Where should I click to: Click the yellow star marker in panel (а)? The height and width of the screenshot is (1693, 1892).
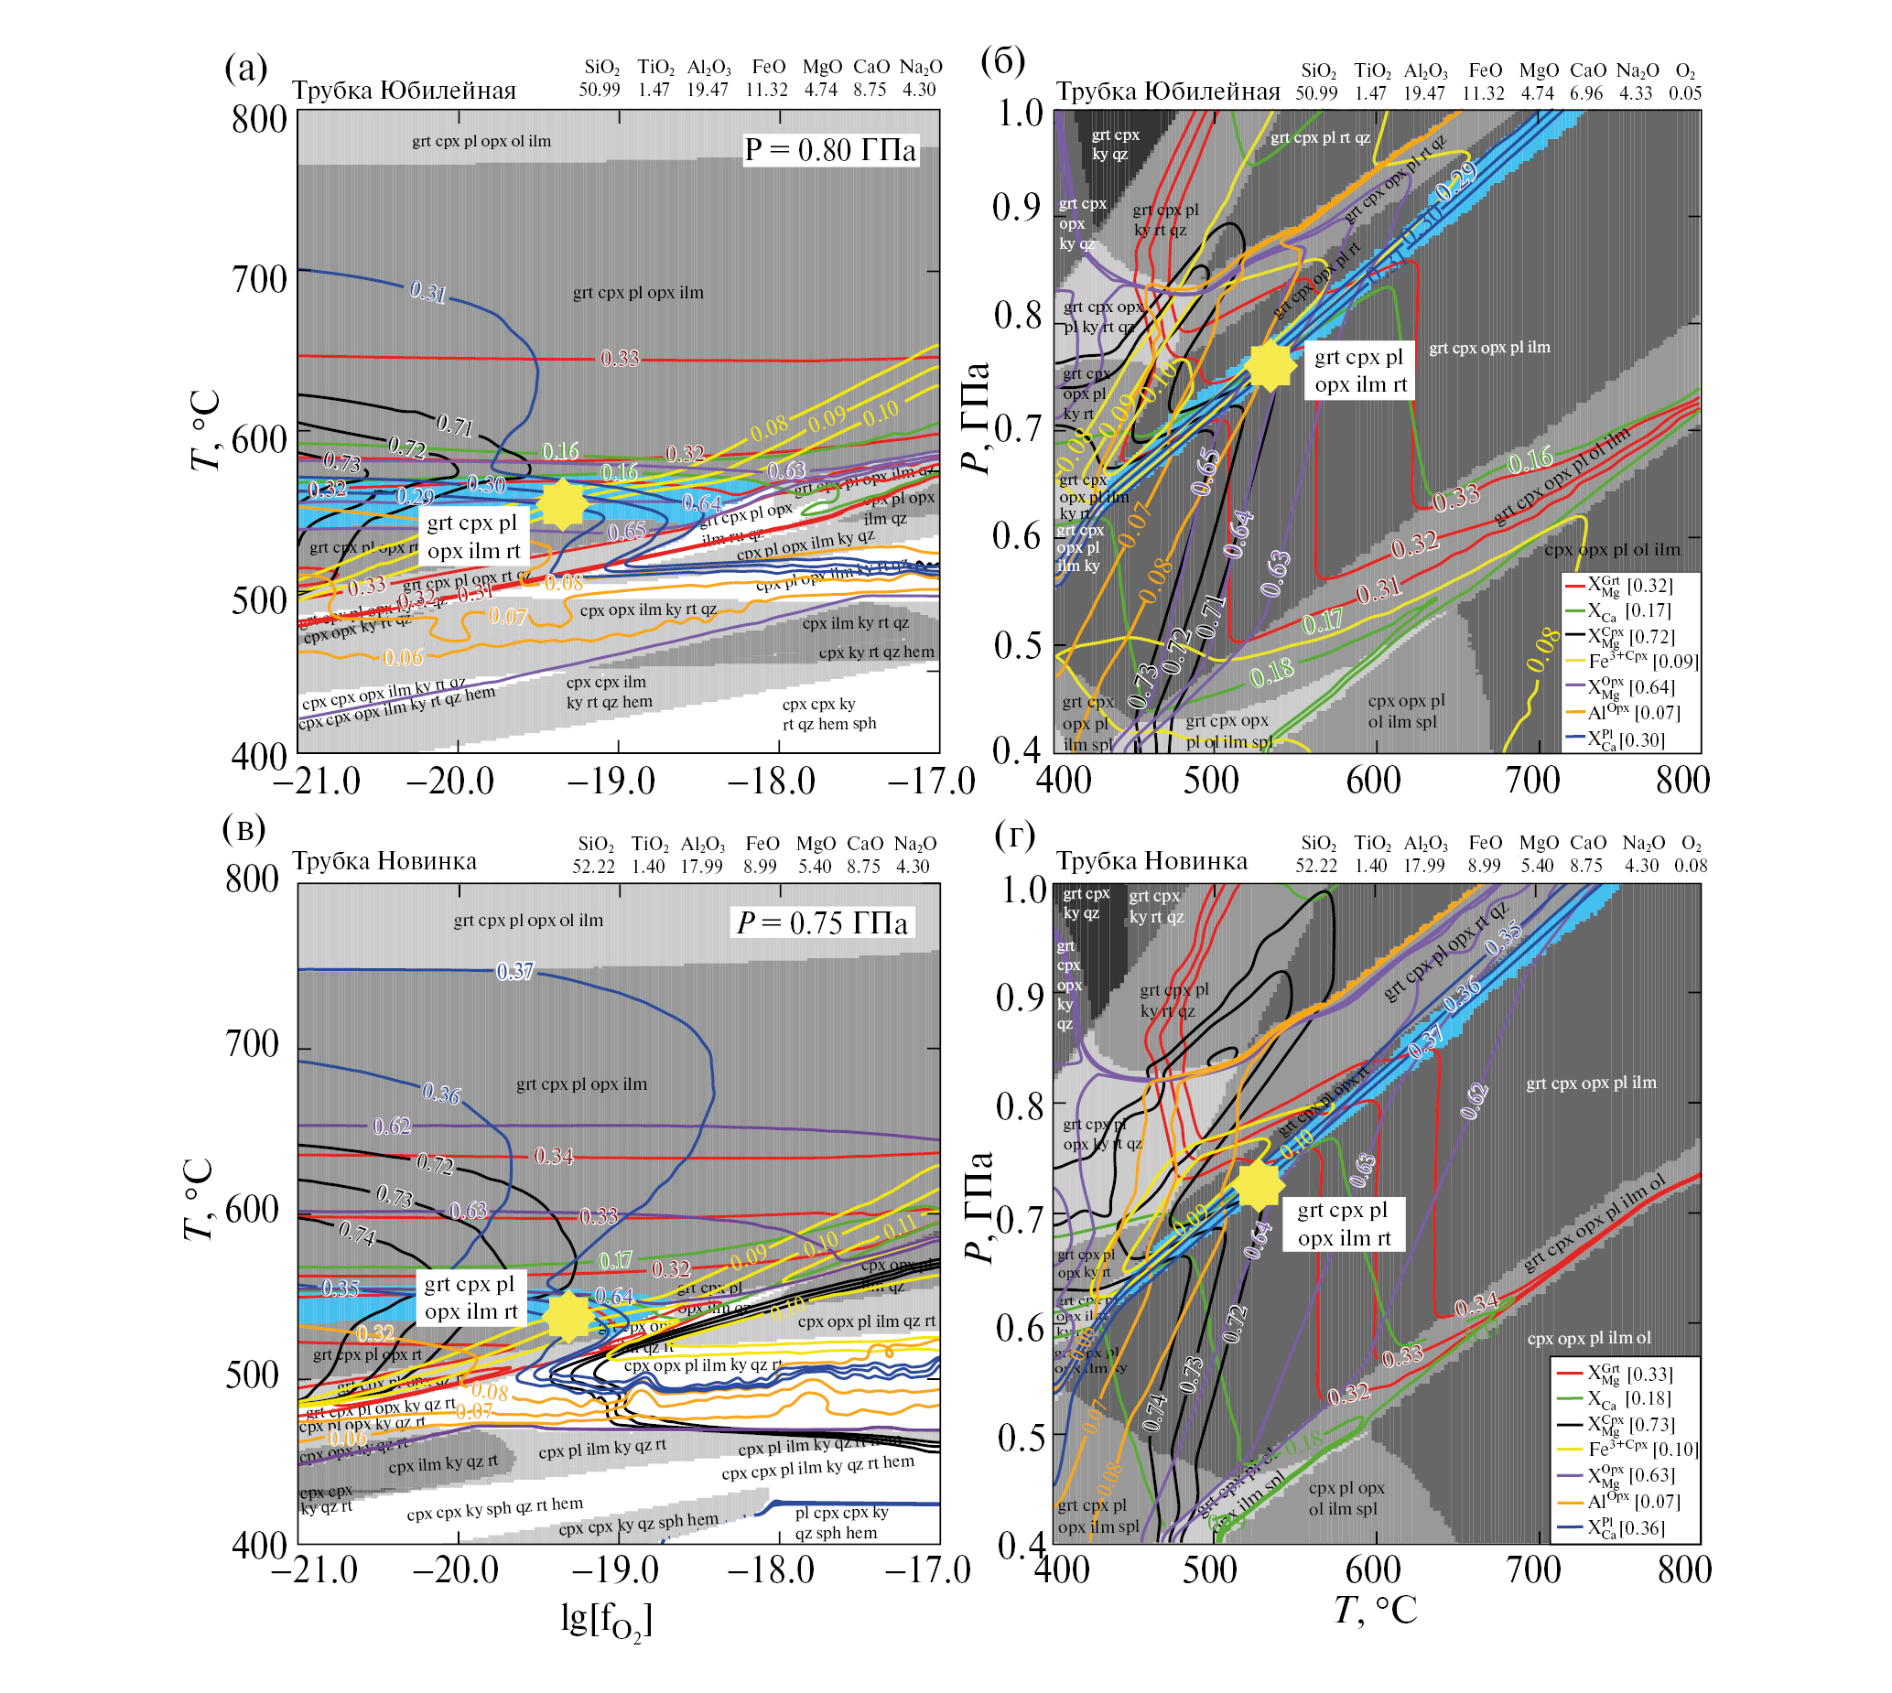pos(562,504)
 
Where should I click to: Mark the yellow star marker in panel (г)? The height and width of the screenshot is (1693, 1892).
pos(1259,1185)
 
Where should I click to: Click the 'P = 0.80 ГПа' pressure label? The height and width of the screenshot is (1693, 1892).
pos(829,150)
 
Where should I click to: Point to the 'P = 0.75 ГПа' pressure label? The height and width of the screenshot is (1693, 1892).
pos(822,922)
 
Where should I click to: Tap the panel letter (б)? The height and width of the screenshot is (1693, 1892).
pos(1002,61)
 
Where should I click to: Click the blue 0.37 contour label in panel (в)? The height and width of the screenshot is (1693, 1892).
pos(514,971)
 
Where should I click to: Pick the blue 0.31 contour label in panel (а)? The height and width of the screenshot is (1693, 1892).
pos(427,292)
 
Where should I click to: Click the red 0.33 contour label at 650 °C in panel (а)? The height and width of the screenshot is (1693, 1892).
pos(620,358)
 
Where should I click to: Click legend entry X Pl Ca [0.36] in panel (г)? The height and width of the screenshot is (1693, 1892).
pos(1625,1527)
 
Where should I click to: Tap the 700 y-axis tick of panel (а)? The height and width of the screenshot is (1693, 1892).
pos(259,279)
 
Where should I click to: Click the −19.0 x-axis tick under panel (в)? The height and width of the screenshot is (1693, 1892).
pos(614,1570)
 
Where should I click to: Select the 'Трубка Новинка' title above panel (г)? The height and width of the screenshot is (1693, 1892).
pos(1151,861)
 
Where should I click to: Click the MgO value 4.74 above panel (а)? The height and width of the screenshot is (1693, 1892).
pos(820,91)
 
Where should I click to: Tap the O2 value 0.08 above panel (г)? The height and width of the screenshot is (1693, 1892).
pos(1690,866)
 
